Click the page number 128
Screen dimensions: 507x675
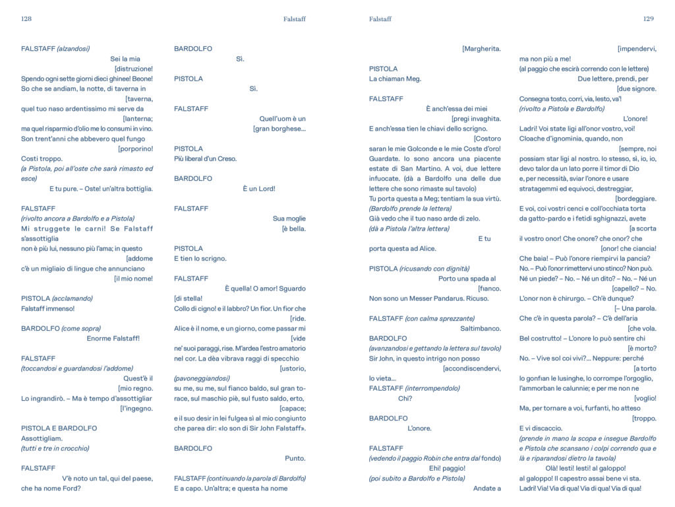pyautogui.click(x=26, y=19)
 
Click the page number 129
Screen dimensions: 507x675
pyautogui.click(x=648, y=19)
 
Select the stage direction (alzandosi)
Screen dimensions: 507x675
pyautogui.click(x=73, y=49)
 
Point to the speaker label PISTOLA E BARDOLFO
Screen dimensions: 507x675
pyautogui.click(x=59, y=428)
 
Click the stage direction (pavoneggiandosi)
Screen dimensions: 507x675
pyautogui.click(x=202, y=378)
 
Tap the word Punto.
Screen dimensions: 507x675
pyautogui.click(x=295, y=458)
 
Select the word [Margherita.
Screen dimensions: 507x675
pyautogui.click(x=481, y=49)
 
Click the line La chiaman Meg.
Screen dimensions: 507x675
pyautogui.click(x=395, y=79)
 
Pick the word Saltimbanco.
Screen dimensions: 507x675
pyautogui.click(x=480, y=328)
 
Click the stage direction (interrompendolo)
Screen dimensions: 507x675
pyautogui.click(x=432, y=388)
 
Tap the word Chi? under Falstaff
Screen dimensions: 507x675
pyautogui.click(x=405, y=398)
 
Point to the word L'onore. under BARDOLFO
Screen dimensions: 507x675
pyautogui.click(x=419, y=428)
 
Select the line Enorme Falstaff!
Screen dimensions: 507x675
pyautogui.click(x=113, y=338)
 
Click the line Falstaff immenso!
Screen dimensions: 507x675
pyautogui.click(x=47, y=308)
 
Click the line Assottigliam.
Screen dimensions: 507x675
pyautogui.click(x=42, y=438)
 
